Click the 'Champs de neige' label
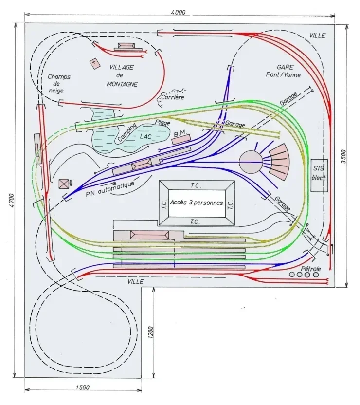point(59,84)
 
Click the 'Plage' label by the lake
point(162,123)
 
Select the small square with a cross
point(94,63)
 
